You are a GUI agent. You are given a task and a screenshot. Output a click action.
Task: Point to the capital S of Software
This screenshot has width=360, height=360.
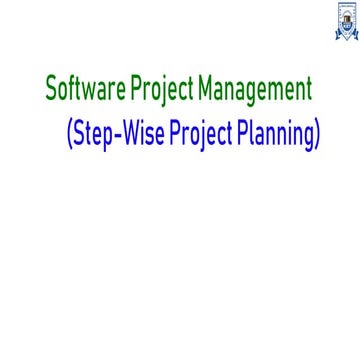coord(51,90)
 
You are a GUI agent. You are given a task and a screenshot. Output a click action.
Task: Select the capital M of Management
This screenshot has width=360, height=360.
coord(206,90)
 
